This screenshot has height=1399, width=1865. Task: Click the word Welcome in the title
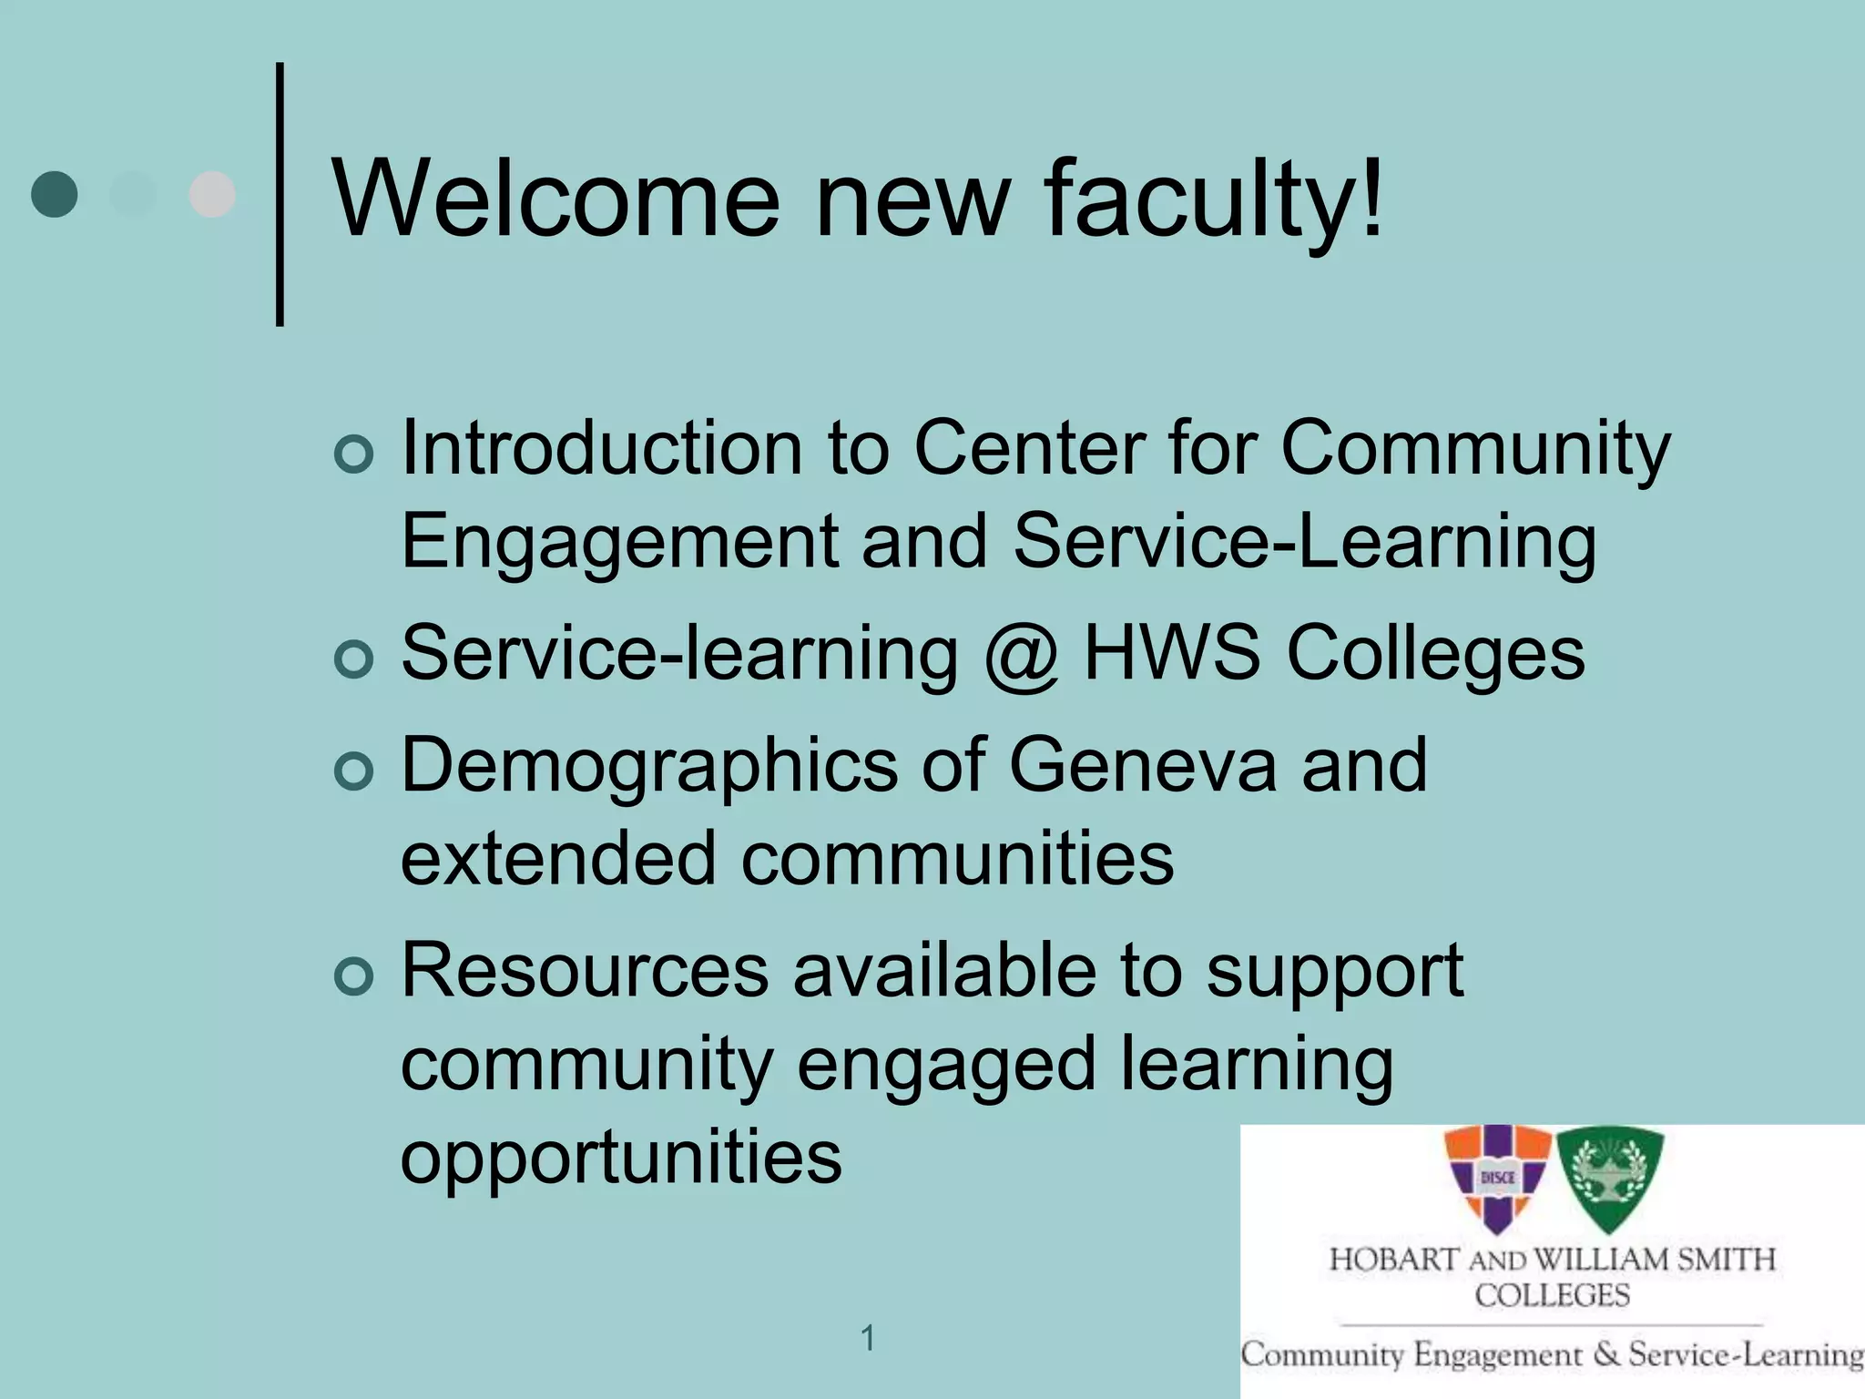(x=555, y=198)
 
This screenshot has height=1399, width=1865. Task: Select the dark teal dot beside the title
(x=54, y=194)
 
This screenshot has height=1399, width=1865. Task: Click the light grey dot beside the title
(x=212, y=194)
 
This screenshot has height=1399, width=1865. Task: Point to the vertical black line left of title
(x=280, y=194)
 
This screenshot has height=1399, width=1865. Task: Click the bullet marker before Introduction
(x=353, y=454)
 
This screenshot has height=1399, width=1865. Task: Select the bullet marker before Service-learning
(x=353, y=659)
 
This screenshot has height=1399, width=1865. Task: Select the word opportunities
(x=621, y=1158)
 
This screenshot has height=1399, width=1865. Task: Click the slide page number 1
(x=868, y=1338)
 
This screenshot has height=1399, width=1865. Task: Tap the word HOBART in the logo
(x=1394, y=1260)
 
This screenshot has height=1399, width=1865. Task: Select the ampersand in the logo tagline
(x=1607, y=1353)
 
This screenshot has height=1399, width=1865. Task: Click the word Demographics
(x=648, y=765)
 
